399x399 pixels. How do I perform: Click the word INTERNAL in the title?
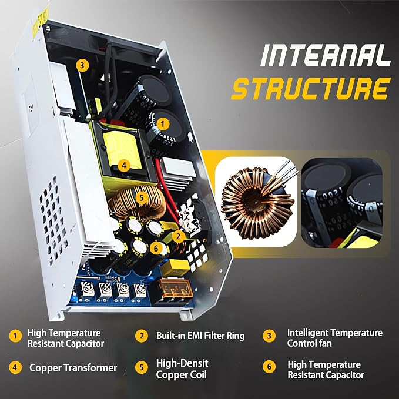(326, 55)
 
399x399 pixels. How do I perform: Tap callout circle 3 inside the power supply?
(82, 65)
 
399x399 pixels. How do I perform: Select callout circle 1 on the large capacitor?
(163, 124)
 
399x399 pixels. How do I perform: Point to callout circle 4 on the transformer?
(124, 166)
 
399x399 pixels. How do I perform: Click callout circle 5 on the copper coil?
(142, 197)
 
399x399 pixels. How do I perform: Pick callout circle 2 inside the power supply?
(179, 236)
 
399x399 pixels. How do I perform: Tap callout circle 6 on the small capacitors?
(156, 248)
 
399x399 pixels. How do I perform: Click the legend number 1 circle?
(15, 336)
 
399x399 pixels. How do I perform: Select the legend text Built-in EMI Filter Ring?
(200, 336)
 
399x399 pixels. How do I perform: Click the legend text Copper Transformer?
(73, 368)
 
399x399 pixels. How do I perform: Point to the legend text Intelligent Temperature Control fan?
(334, 338)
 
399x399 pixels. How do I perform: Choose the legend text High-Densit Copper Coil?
(182, 368)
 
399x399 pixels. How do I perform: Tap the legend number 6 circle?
(269, 367)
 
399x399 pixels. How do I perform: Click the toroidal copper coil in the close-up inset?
(257, 203)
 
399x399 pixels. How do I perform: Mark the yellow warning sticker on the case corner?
(43, 17)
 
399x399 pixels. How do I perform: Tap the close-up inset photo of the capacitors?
(342, 203)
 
